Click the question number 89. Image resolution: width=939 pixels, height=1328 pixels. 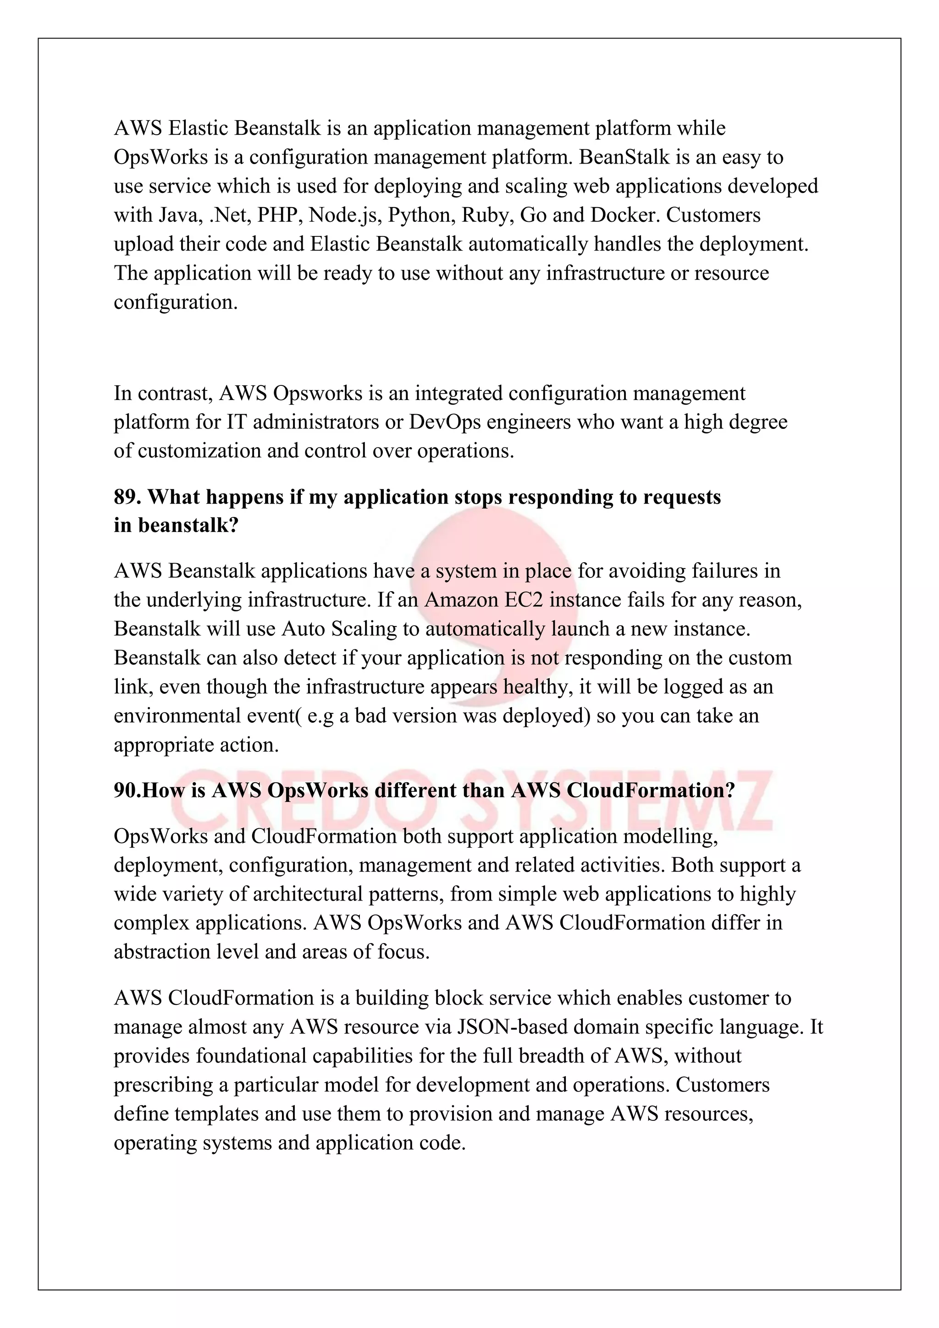[x=127, y=497]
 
